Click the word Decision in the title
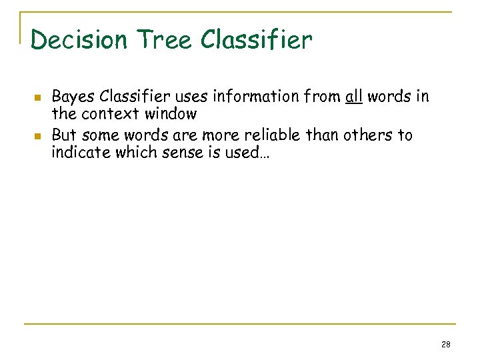pyautogui.click(x=79, y=40)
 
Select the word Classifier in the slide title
pyautogui.click(x=257, y=40)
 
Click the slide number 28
pyautogui.click(x=446, y=345)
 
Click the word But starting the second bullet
pyautogui.click(x=63, y=135)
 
